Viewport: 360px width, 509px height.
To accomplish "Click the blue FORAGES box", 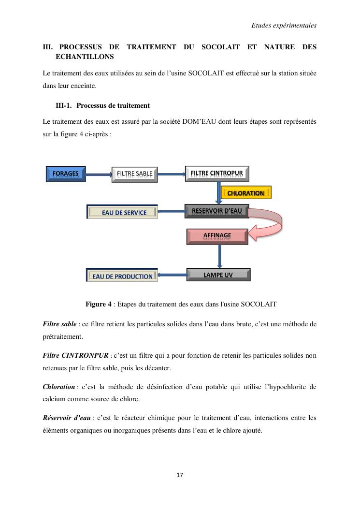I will coord(66,174).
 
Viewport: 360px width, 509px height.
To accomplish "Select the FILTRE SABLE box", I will coord(134,174).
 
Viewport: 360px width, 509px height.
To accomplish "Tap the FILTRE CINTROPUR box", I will coord(217,174).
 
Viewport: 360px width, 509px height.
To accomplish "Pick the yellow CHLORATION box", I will coord(245,193).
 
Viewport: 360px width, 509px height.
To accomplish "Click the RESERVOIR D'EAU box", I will coord(216,211).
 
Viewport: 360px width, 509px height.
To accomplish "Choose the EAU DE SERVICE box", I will coord(123,212).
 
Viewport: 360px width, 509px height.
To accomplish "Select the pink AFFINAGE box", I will coord(217,236).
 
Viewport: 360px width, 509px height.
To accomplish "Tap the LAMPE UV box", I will coord(218,275).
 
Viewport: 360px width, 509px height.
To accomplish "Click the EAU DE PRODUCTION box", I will coord(122,276).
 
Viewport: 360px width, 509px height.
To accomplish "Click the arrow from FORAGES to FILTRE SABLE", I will coord(98,174).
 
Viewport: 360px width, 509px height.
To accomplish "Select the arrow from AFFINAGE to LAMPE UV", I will coord(219,256).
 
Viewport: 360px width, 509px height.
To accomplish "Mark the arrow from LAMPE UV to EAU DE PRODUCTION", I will coord(172,276).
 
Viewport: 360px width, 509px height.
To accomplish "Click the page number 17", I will coord(180,475).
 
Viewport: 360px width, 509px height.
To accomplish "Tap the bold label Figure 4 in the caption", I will coord(98,305).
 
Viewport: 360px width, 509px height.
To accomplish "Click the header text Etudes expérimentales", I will coord(284,26).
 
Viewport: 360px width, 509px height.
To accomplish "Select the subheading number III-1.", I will coord(64,105).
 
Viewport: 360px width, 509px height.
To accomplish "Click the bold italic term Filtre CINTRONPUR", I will coord(75,356).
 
